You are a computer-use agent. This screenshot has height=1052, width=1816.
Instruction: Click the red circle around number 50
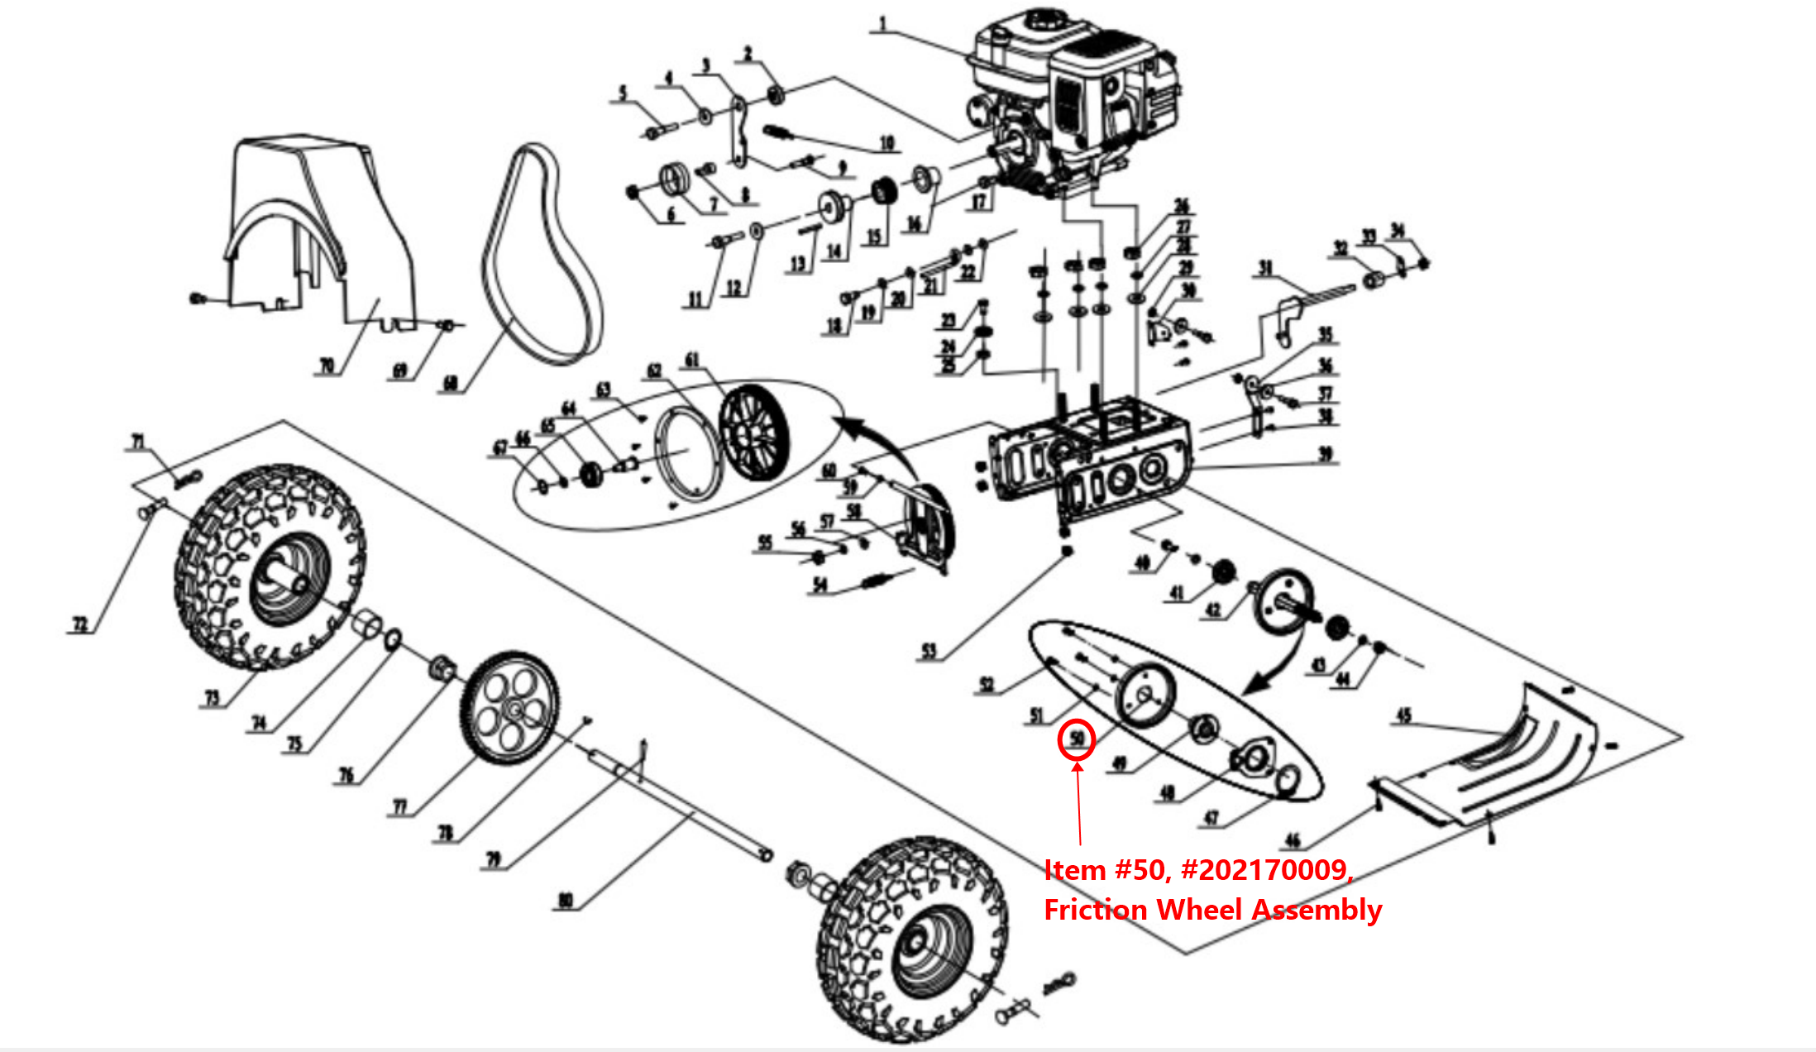click(1077, 739)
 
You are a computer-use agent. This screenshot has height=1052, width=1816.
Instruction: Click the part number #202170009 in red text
click(1268, 870)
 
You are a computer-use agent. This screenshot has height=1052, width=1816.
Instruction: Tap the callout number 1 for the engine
click(882, 24)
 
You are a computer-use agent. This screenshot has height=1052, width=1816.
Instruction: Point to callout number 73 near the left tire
click(213, 697)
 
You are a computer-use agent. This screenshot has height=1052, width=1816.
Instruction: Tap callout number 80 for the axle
click(566, 900)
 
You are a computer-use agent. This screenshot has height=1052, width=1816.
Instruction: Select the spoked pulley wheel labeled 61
click(753, 433)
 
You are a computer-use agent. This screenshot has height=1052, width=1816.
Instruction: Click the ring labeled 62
click(688, 455)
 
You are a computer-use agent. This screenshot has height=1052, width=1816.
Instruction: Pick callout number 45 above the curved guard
click(1403, 715)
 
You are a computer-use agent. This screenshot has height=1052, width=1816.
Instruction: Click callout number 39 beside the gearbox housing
click(1325, 454)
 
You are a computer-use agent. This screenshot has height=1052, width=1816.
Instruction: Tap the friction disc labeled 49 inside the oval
click(1145, 696)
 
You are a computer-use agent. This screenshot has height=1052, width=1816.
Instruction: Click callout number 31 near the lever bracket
click(1265, 268)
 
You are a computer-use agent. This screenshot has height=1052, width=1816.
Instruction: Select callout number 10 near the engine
click(886, 143)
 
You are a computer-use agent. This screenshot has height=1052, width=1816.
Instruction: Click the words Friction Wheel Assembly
click(1212, 910)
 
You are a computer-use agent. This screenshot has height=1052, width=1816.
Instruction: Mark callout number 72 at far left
click(79, 624)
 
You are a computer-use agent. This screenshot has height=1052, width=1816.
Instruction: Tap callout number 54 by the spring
click(820, 586)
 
